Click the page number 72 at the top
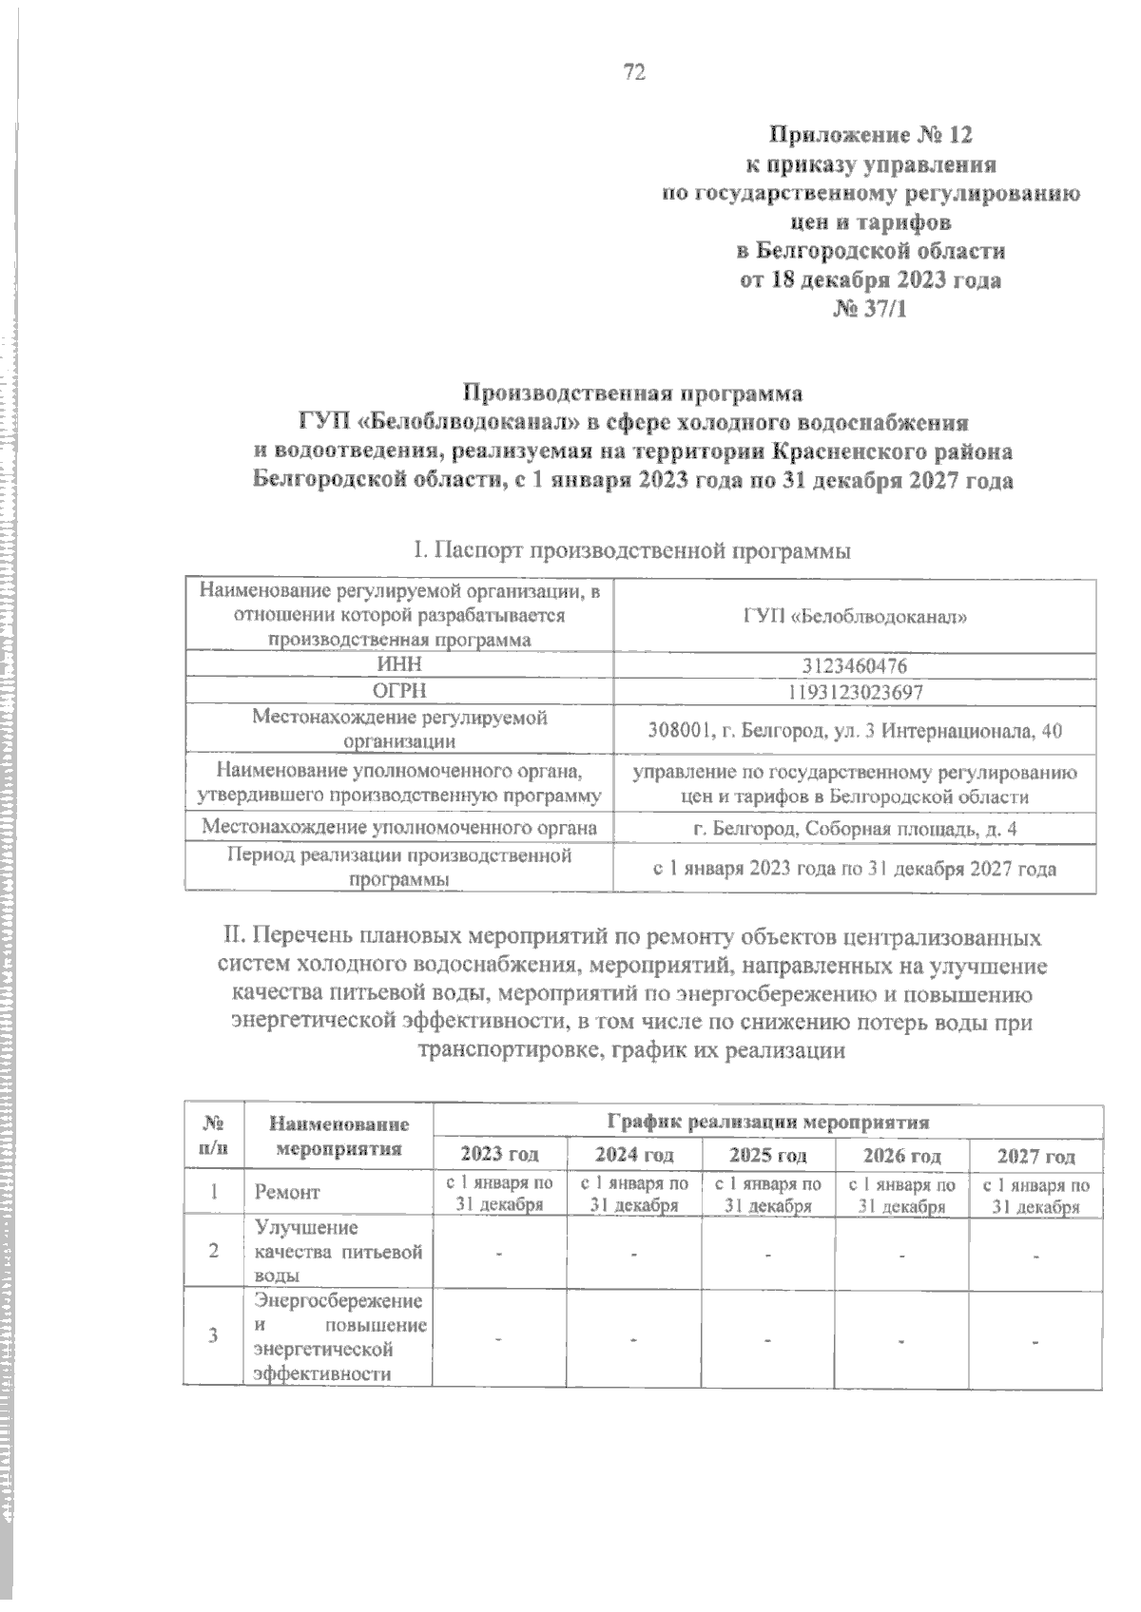tap(634, 72)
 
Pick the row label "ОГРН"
tap(399, 692)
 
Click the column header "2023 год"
tap(499, 1156)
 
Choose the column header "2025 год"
tap(768, 1156)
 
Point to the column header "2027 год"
tap(1035, 1157)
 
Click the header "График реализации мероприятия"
tap(767, 1122)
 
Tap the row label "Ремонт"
tap(286, 1192)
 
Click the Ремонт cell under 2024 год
tap(634, 1195)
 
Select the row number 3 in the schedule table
tap(214, 1334)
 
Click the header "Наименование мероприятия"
tap(338, 1136)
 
